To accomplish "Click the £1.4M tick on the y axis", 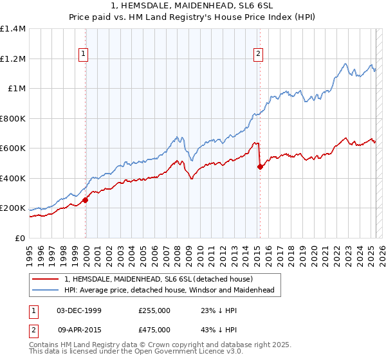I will click(13, 29).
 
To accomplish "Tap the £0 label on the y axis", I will click(20, 238).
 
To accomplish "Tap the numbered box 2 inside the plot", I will click(258, 55).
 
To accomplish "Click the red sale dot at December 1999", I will click(85, 200).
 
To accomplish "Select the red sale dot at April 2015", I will click(260, 167).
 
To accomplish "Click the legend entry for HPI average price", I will click(169, 290).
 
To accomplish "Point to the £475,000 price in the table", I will click(154, 328).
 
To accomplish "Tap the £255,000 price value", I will click(154, 310).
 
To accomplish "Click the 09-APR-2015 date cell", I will click(79, 328).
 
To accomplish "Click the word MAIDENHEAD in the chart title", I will click(186, 6).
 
